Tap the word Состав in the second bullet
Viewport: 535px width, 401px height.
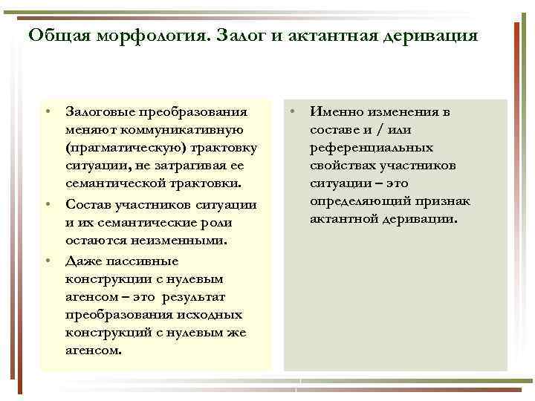87,204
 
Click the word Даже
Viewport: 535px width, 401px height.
81,261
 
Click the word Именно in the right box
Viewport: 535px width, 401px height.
334,112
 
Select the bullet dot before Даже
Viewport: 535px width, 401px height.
47,260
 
